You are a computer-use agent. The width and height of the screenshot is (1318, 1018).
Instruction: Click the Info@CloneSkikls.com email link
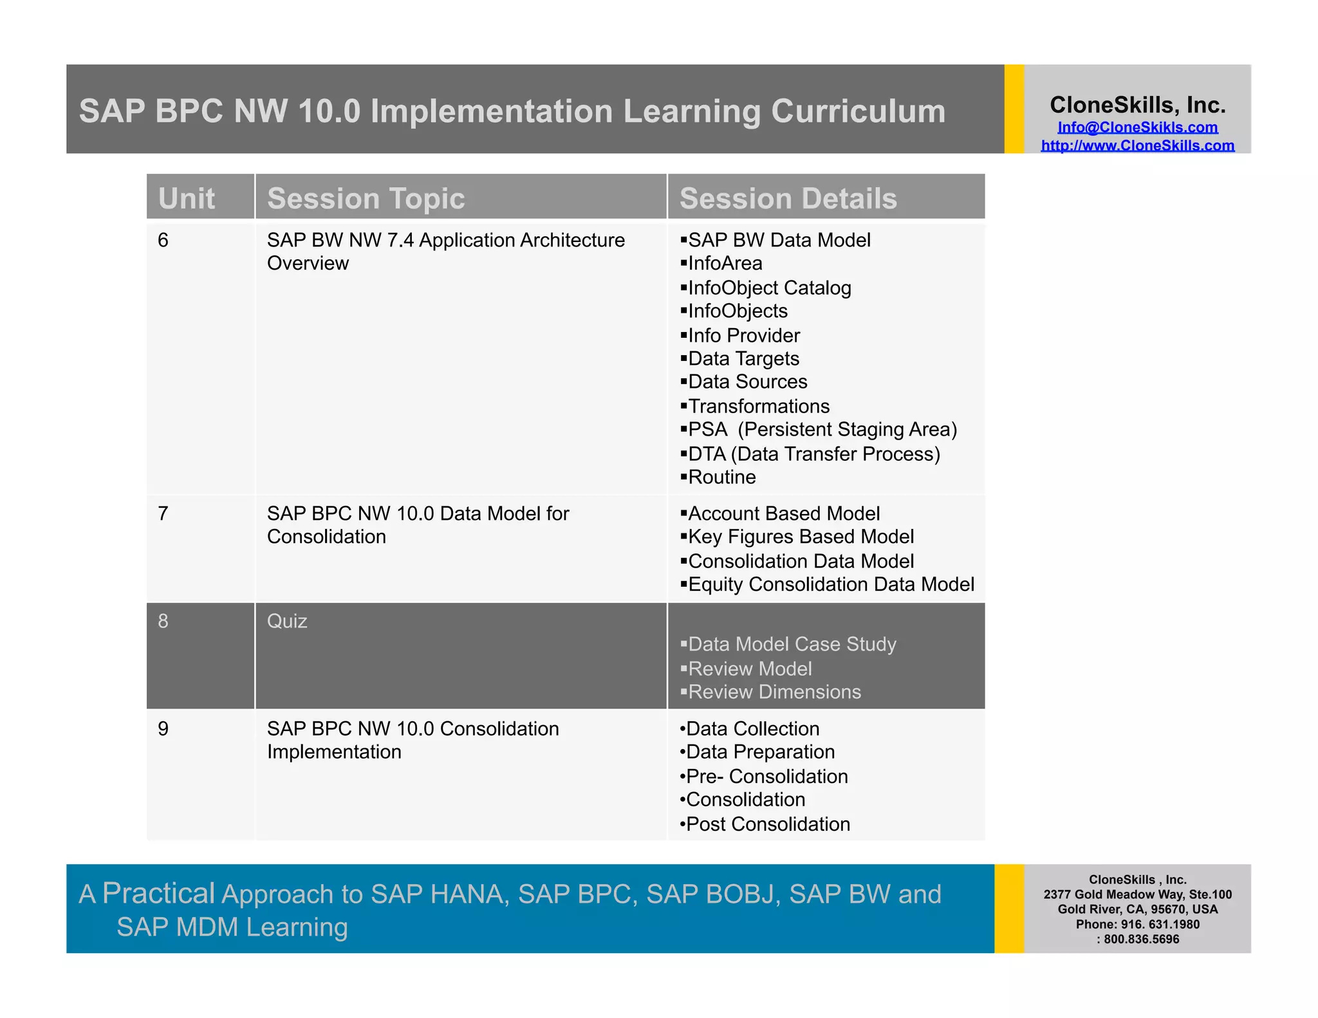1137,127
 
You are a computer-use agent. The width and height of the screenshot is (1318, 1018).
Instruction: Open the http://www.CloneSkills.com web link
1137,145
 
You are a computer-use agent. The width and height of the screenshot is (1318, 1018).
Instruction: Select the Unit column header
187,198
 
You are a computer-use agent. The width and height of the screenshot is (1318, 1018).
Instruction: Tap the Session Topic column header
366,198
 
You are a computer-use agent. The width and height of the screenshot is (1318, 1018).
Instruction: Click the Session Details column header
788,198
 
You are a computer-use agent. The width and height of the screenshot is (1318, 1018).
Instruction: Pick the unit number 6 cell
163,241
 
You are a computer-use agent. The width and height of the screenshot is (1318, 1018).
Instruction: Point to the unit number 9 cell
163,729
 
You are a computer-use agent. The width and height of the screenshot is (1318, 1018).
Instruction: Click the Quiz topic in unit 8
287,622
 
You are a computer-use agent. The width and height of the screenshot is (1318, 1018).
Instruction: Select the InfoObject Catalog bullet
769,288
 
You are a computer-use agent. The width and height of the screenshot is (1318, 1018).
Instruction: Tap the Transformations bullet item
758,407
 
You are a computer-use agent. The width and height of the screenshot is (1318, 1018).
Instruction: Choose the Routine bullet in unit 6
721,477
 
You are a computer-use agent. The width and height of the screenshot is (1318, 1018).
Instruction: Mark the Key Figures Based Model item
801,537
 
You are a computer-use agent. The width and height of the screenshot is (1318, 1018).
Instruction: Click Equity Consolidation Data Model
831,585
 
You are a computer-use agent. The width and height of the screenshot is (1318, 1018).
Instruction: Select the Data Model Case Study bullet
792,645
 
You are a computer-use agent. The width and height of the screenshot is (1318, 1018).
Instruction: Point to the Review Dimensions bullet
774,692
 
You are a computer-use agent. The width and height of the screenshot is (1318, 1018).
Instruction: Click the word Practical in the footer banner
158,893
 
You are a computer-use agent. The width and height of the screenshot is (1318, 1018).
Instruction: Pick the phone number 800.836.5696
1141,939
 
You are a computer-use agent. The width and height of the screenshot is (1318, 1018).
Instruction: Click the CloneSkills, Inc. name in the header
1137,105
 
